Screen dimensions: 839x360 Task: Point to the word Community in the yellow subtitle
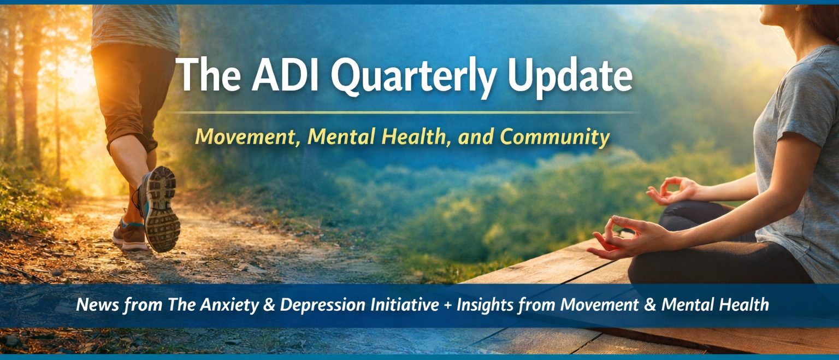pyautogui.click(x=555, y=137)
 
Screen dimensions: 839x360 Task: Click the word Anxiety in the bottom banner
pyautogui.click(x=229, y=305)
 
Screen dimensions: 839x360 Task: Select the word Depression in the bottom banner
pyautogui.click(x=322, y=305)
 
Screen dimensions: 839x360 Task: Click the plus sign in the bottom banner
pyautogui.click(x=447, y=305)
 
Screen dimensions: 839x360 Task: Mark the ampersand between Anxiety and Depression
pyautogui.click(x=269, y=305)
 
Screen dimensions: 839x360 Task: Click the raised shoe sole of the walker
pyautogui.click(x=160, y=209)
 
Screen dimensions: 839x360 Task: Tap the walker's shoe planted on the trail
pyautogui.click(x=129, y=235)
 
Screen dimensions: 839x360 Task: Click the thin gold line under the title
pyautogui.click(x=403, y=112)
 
